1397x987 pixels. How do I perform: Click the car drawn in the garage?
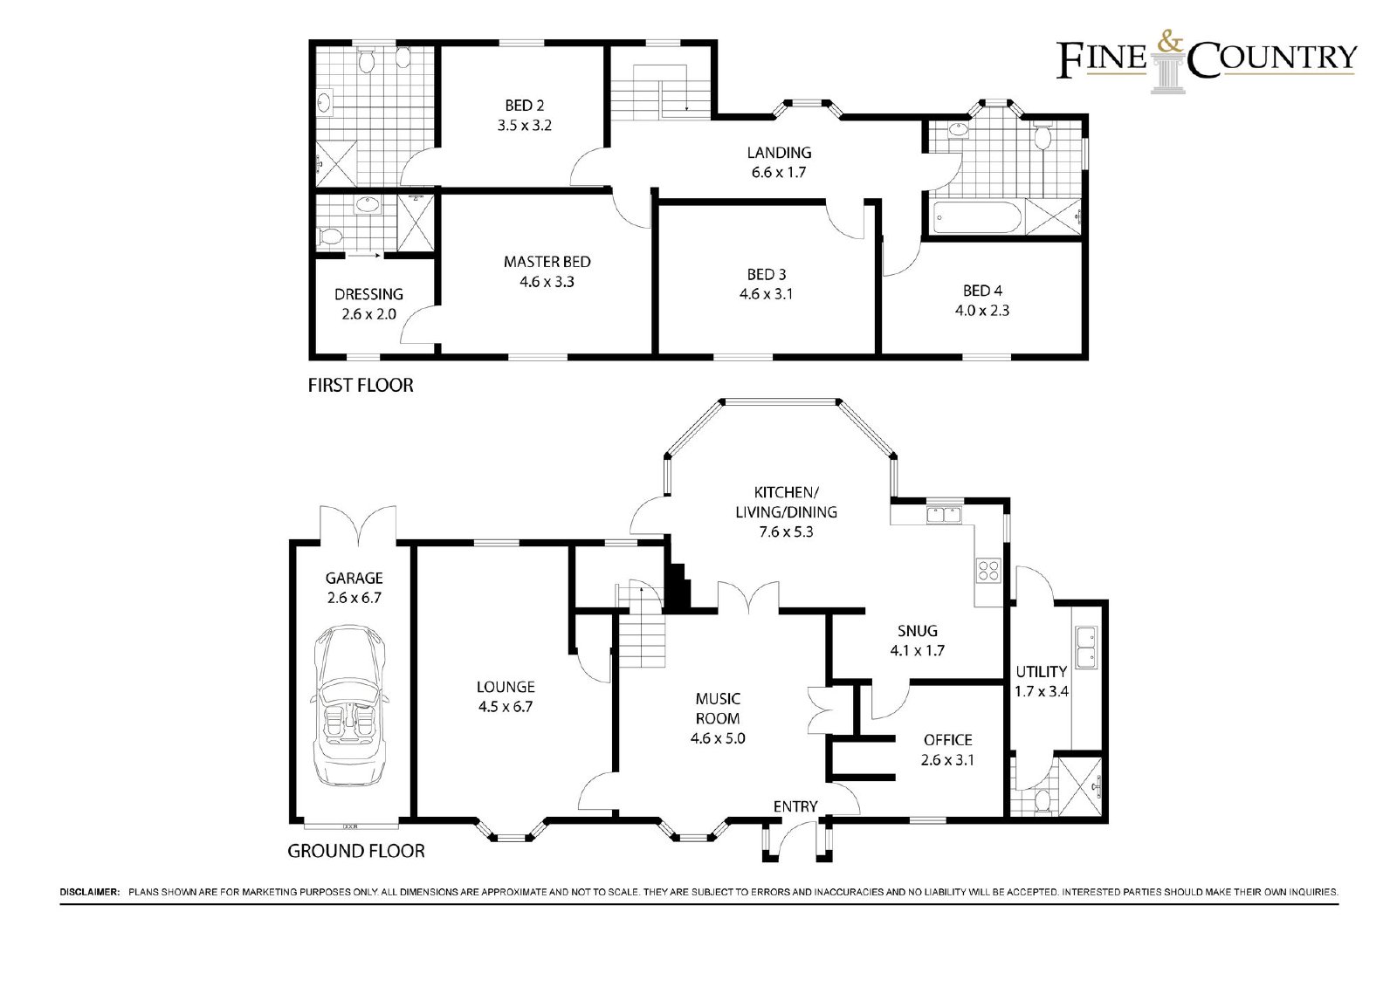[350, 705]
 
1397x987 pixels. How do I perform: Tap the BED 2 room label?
[525, 106]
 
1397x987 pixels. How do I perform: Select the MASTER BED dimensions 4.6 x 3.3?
[547, 282]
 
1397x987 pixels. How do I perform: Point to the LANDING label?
[779, 152]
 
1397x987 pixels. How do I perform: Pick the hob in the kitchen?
[988, 570]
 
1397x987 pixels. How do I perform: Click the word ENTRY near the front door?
[795, 806]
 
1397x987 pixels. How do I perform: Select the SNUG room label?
[918, 630]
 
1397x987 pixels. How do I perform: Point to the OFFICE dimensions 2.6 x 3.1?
[947, 760]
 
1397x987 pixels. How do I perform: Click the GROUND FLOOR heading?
[356, 851]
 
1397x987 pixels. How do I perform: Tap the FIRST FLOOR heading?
[361, 386]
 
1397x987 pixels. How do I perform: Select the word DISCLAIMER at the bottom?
[89, 892]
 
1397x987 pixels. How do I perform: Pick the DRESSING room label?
[368, 294]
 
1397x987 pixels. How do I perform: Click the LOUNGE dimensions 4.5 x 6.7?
[506, 706]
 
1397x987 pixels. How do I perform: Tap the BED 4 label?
[982, 291]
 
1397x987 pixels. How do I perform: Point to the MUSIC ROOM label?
[718, 709]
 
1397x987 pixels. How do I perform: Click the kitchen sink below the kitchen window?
[944, 515]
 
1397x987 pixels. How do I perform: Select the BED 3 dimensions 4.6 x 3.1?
[766, 294]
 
